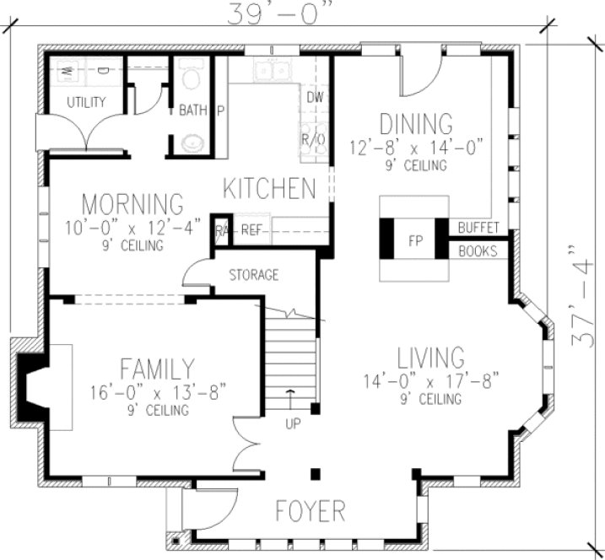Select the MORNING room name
(x=132, y=204)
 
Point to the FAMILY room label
(x=158, y=369)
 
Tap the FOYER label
(x=311, y=510)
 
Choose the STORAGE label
(x=254, y=275)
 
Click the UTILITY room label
(x=86, y=103)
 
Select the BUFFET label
(x=479, y=229)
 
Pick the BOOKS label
(x=478, y=250)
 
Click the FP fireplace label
(x=414, y=240)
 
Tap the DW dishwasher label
(x=316, y=99)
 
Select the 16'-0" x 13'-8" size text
(x=158, y=392)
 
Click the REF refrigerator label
(x=251, y=229)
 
